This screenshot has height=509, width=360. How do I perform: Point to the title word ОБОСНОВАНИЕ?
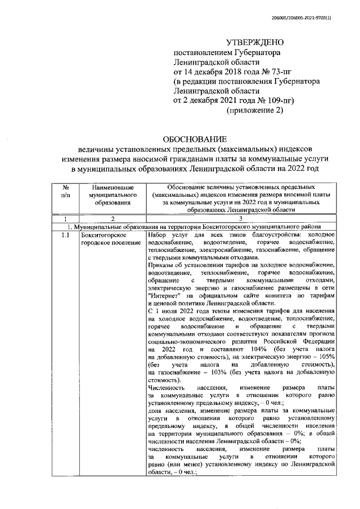(x=195, y=138)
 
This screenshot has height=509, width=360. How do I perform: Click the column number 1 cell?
(x=66, y=218)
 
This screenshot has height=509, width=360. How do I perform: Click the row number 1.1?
(x=66, y=235)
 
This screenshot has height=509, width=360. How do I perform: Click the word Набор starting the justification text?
(x=158, y=235)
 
